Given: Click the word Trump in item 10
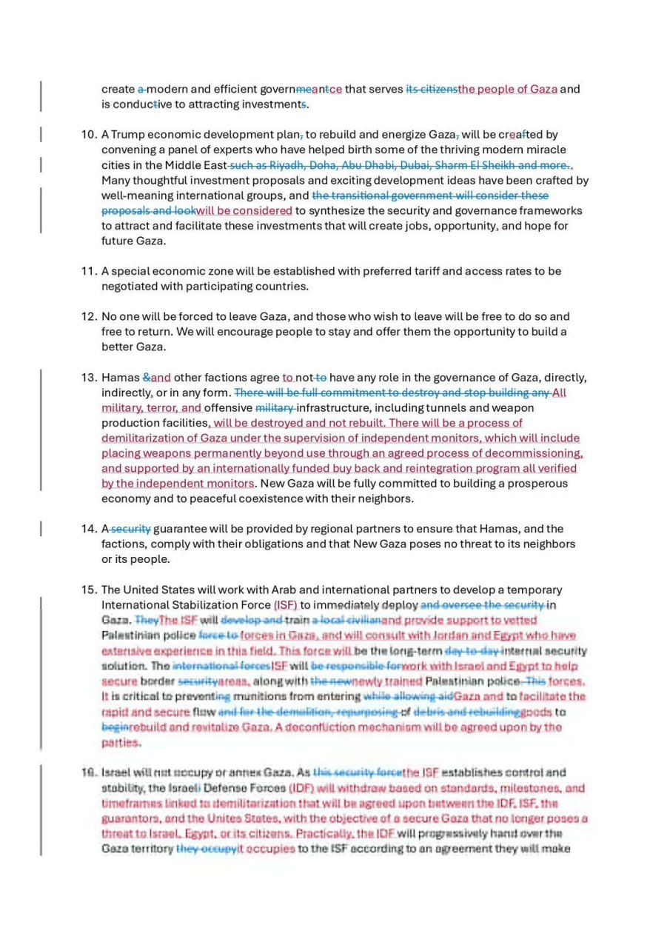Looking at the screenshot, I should point(130,135).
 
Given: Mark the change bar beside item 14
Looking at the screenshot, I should point(41,530).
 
